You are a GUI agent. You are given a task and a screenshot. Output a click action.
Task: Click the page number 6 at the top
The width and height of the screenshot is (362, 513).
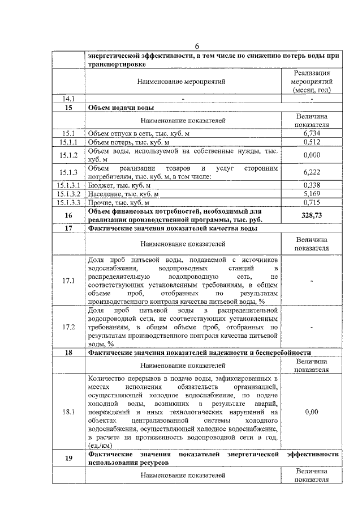click(x=197, y=46)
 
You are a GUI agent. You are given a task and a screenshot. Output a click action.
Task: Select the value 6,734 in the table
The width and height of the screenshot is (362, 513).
click(x=312, y=133)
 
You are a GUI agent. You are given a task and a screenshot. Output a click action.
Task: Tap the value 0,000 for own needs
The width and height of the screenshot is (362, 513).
click(x=312, y=155)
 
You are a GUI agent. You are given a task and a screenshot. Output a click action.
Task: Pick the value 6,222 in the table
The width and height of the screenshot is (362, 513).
click(x=312, y=172)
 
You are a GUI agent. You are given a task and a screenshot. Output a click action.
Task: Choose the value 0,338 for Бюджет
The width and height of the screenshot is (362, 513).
click(x=312, y=185)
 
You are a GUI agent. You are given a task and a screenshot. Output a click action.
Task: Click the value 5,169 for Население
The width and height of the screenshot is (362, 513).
click(x=312, y=193)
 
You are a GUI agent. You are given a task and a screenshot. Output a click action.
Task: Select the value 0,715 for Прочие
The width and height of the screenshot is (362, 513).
click(x=312, y=202)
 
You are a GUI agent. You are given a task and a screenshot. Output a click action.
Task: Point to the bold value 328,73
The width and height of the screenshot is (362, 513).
click(x=312, y=215)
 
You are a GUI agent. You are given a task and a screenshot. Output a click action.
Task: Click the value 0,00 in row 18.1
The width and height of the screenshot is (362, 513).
click(x=312, y=412)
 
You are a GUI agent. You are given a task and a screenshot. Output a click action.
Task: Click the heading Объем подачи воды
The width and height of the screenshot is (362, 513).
click(x=121, y=107)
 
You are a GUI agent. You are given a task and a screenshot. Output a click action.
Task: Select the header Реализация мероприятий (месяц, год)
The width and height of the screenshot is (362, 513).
click(x=312, y=81)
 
